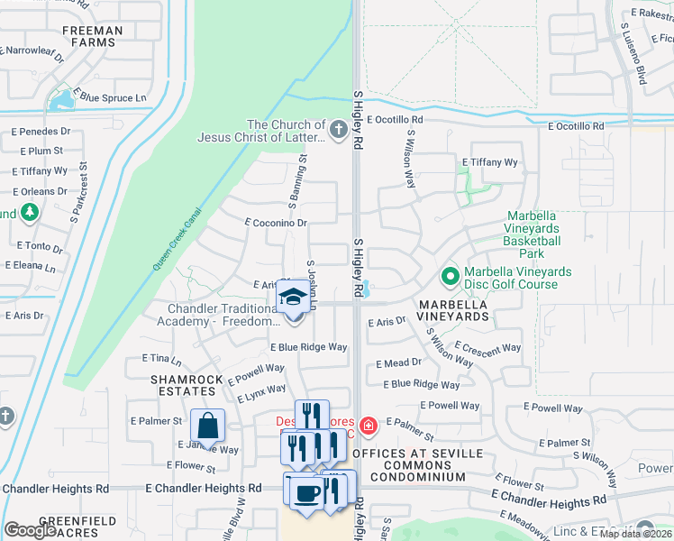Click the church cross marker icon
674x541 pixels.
coord(338,130)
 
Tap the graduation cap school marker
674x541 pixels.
coord(292,298)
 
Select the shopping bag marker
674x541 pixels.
coord(207,425)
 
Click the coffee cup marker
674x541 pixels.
coord(306,492)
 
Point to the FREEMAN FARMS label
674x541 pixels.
coord(92,37)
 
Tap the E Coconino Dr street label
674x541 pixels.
coord(276,223)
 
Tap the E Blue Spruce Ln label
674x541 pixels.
coord(112,96)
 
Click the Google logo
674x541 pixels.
coord(31,530)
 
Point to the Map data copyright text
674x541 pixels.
coord(635,534)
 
